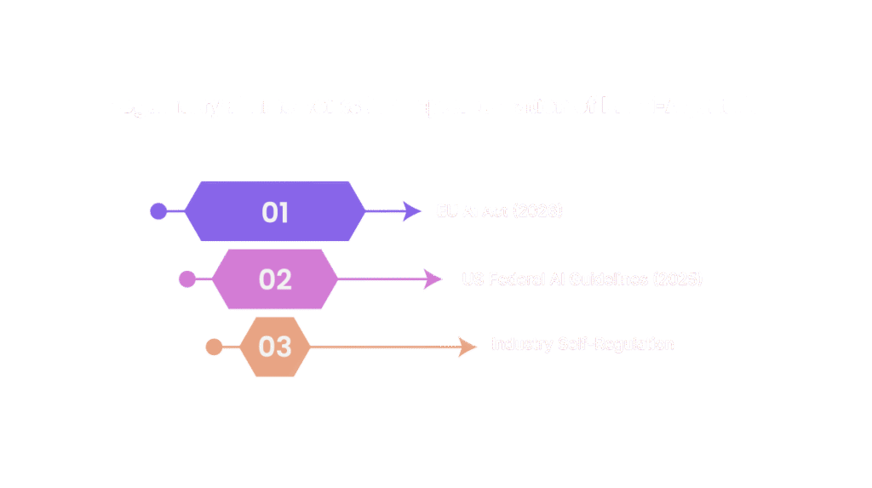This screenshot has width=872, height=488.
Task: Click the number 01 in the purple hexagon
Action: pos(275,212)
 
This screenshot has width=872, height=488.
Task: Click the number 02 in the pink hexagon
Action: pos(275,279)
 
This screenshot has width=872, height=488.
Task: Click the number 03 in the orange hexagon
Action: pos(275,347)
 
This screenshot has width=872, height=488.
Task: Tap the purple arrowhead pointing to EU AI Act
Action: pos(412,211)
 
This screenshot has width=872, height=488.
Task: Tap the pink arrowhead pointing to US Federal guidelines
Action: pos(433,279)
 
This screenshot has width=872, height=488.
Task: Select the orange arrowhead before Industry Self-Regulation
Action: pos(468,347)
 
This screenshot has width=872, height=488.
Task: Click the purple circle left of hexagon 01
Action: pos(158,211)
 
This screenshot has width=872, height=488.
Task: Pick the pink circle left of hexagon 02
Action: pos(186,279)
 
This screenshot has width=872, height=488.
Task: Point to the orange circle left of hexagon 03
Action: pos(215,347)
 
